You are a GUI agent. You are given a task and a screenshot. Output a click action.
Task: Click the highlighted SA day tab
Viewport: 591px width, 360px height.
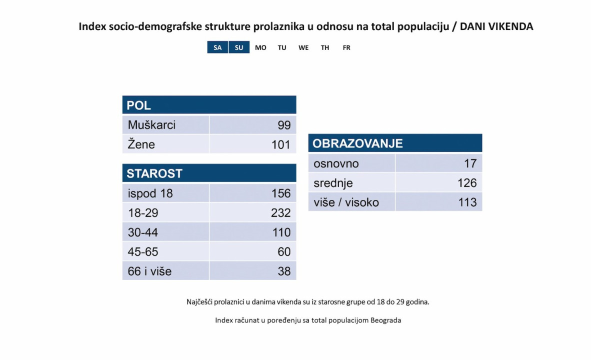217,47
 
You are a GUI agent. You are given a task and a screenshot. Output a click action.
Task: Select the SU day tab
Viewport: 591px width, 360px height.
239,47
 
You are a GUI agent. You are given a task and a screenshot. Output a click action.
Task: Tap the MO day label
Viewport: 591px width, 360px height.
260,48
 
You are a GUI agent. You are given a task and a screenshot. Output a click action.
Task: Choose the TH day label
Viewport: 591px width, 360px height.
325,48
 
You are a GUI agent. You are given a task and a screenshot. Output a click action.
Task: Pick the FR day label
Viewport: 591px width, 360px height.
346,48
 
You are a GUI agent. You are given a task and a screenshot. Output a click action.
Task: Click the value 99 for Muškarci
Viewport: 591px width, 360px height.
284,125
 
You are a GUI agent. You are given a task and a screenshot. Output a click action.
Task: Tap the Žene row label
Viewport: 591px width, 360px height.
141,144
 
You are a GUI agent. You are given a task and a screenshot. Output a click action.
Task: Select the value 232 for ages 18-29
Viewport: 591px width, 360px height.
280,212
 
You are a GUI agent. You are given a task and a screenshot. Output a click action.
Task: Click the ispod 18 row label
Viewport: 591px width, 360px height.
150,193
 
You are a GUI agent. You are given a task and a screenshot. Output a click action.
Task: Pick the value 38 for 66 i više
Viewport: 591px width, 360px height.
284,271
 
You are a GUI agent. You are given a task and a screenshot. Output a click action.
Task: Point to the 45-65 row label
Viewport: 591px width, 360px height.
143,251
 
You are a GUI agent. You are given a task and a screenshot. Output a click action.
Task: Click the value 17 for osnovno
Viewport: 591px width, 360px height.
470,163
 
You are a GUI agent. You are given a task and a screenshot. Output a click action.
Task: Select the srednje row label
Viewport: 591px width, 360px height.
333,183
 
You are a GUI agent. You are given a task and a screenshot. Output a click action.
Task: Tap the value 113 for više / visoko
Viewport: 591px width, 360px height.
467,202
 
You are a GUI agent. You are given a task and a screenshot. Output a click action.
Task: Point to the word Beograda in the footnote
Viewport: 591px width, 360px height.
385,320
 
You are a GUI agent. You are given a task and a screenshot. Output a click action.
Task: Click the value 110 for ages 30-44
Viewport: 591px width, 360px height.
280,232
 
